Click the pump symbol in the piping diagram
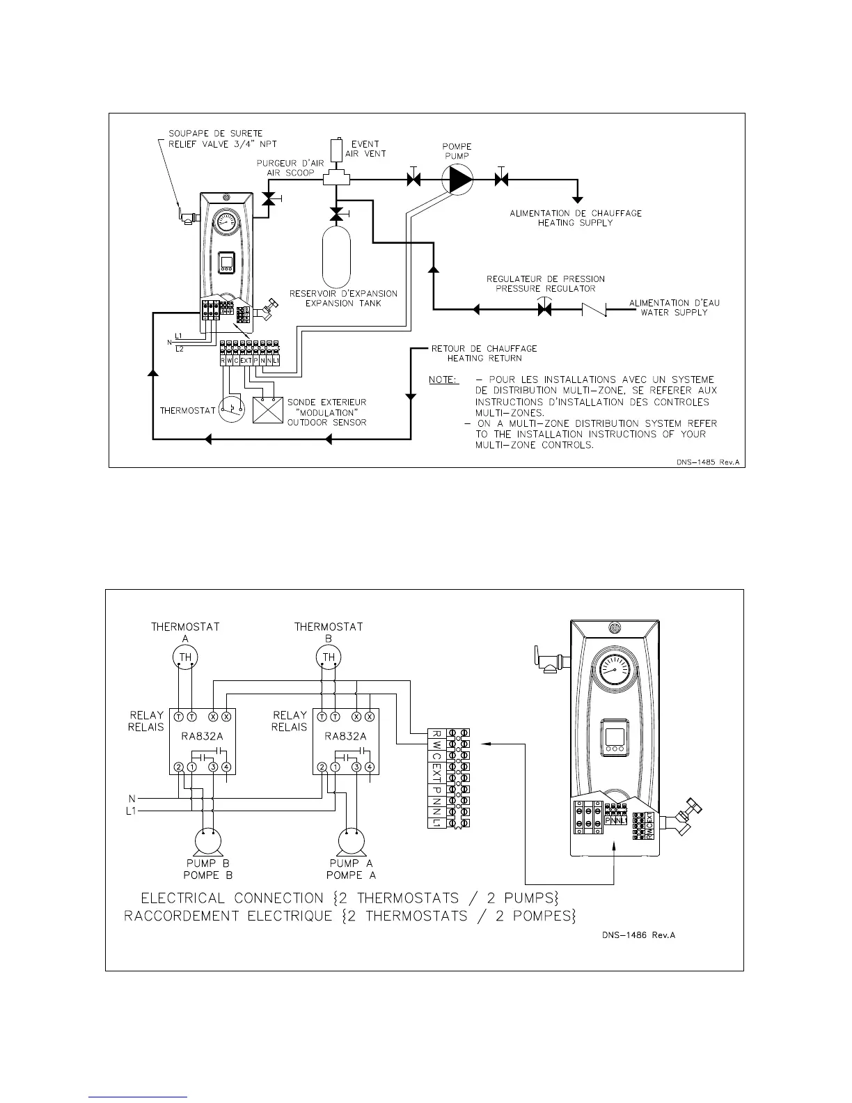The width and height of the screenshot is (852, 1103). (x=459, y=180)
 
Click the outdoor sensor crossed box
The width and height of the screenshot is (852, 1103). (x=268, y=411)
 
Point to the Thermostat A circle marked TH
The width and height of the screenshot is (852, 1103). (x=185, y=657)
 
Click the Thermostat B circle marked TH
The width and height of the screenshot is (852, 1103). (x=329, y=657)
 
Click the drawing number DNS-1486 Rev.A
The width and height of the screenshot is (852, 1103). (x=638, y=935)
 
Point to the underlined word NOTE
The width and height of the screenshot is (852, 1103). (x=443, y=380)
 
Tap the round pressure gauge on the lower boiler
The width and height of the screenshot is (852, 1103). (x=613, y=672)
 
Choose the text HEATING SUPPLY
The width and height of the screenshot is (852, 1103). (x=576, y=223)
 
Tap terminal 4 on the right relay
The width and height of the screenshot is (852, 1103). (x=370, y=767)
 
